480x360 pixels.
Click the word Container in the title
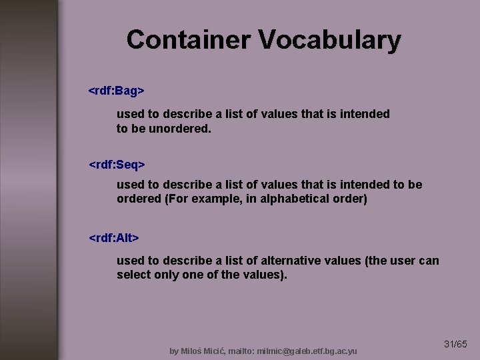(x=189, y=40)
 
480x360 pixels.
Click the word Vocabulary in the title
(x=329, y=40)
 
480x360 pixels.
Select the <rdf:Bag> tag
(x=117, y=90)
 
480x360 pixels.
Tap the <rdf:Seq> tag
(x=117, y=163)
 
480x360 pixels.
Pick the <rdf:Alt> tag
(x=114, y=237)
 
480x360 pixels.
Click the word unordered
(x=180, y=129)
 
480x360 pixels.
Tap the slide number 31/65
(x=455, y=344)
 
